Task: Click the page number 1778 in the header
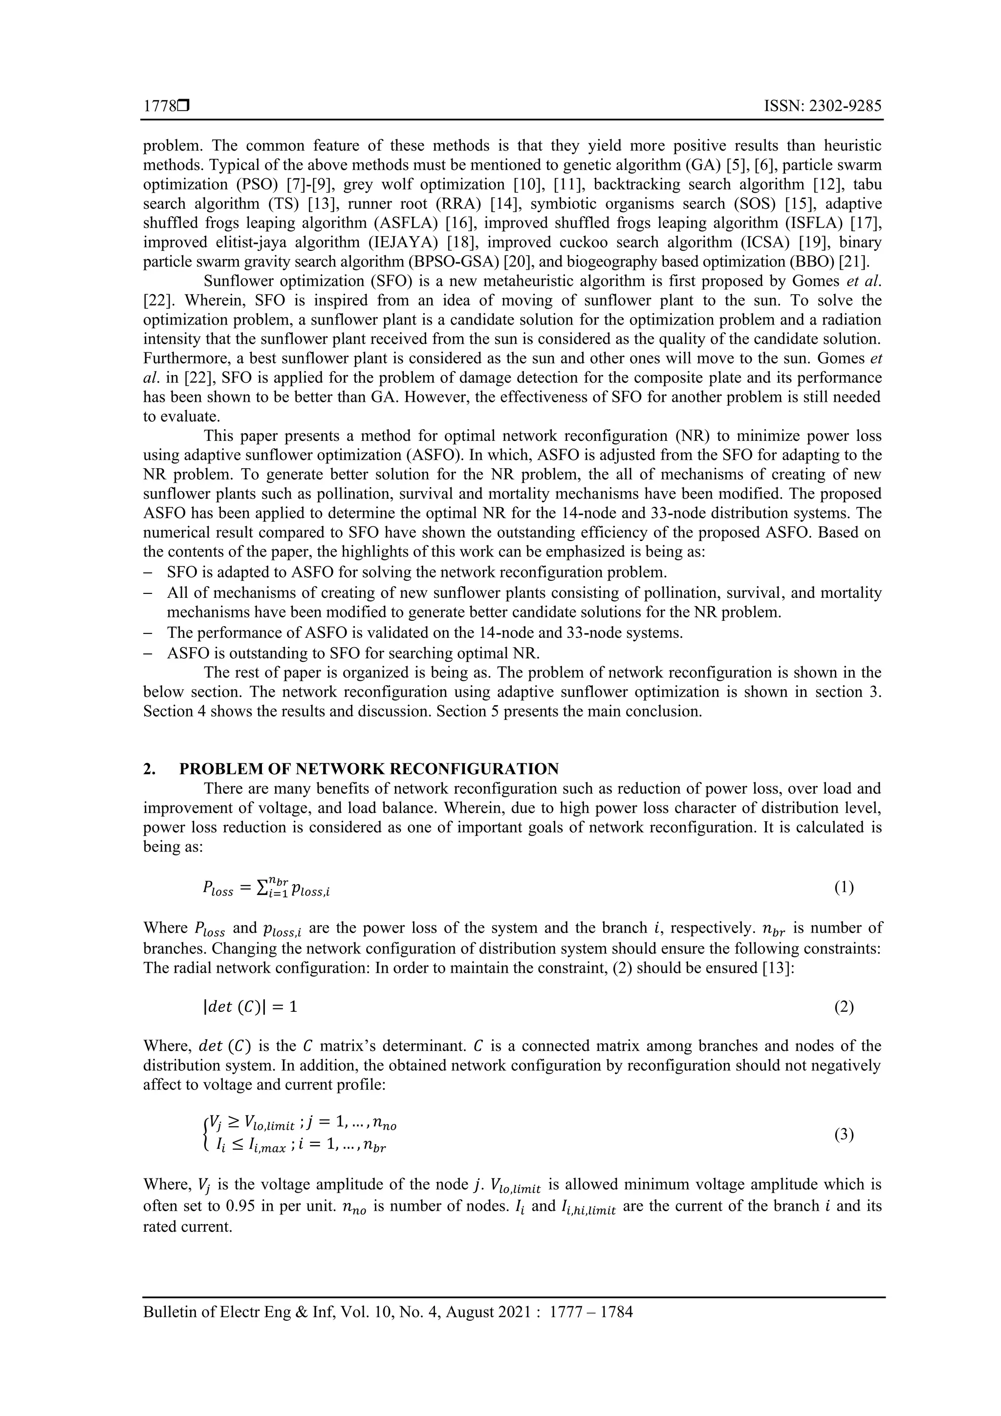coord(159,107)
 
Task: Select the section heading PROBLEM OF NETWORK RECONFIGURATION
coord(369,769)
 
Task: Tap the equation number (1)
coord(844,888)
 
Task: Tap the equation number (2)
coord(844,1007)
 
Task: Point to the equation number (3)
coord(844,1135)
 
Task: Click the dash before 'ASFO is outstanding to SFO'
coord(148,654)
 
